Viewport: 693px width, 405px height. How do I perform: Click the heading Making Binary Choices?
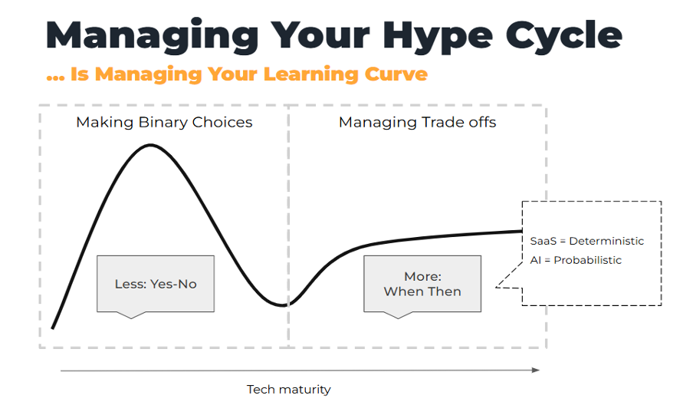point(164,122)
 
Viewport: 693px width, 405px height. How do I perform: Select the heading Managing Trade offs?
point(417,122)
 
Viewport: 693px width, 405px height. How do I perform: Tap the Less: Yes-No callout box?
point(156,284)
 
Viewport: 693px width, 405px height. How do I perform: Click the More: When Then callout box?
point(422,284)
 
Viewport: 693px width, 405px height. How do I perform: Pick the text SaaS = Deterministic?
point(586,241)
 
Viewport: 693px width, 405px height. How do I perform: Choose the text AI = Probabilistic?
point(576,260)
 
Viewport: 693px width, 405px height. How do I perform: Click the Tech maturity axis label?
point(289,389)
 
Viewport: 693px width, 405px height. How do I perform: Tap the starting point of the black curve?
point(52,328)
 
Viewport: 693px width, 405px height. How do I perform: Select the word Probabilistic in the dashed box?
point(590,260)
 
